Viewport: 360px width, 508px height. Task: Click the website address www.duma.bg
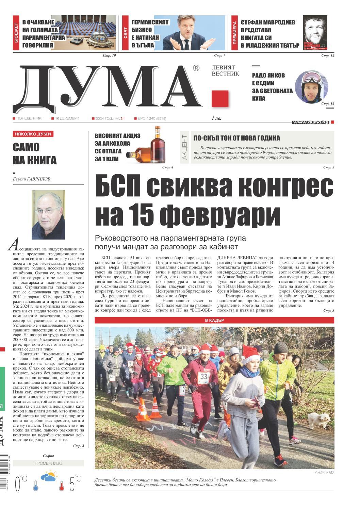pyautogui.click(x=311, y=122)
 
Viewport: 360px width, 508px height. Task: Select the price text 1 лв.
pyautogui.click(x=216, y=118)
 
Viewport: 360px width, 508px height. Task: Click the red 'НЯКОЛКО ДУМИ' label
pyautogui.click(x=33, y=134)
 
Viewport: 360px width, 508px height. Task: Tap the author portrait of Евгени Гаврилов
pyautogui.click(x=48, y=215)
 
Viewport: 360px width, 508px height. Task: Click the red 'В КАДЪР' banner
pyautogui.click(x=214, y=321)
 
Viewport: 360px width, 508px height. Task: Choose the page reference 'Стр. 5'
pyautogui.click(x=328, y=167)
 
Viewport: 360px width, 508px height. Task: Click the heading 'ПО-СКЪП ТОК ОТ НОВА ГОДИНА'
pyautogui.click(x=237, y=138)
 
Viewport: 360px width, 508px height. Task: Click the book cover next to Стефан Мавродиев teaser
pyautogui.click(x=315, y=33)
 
